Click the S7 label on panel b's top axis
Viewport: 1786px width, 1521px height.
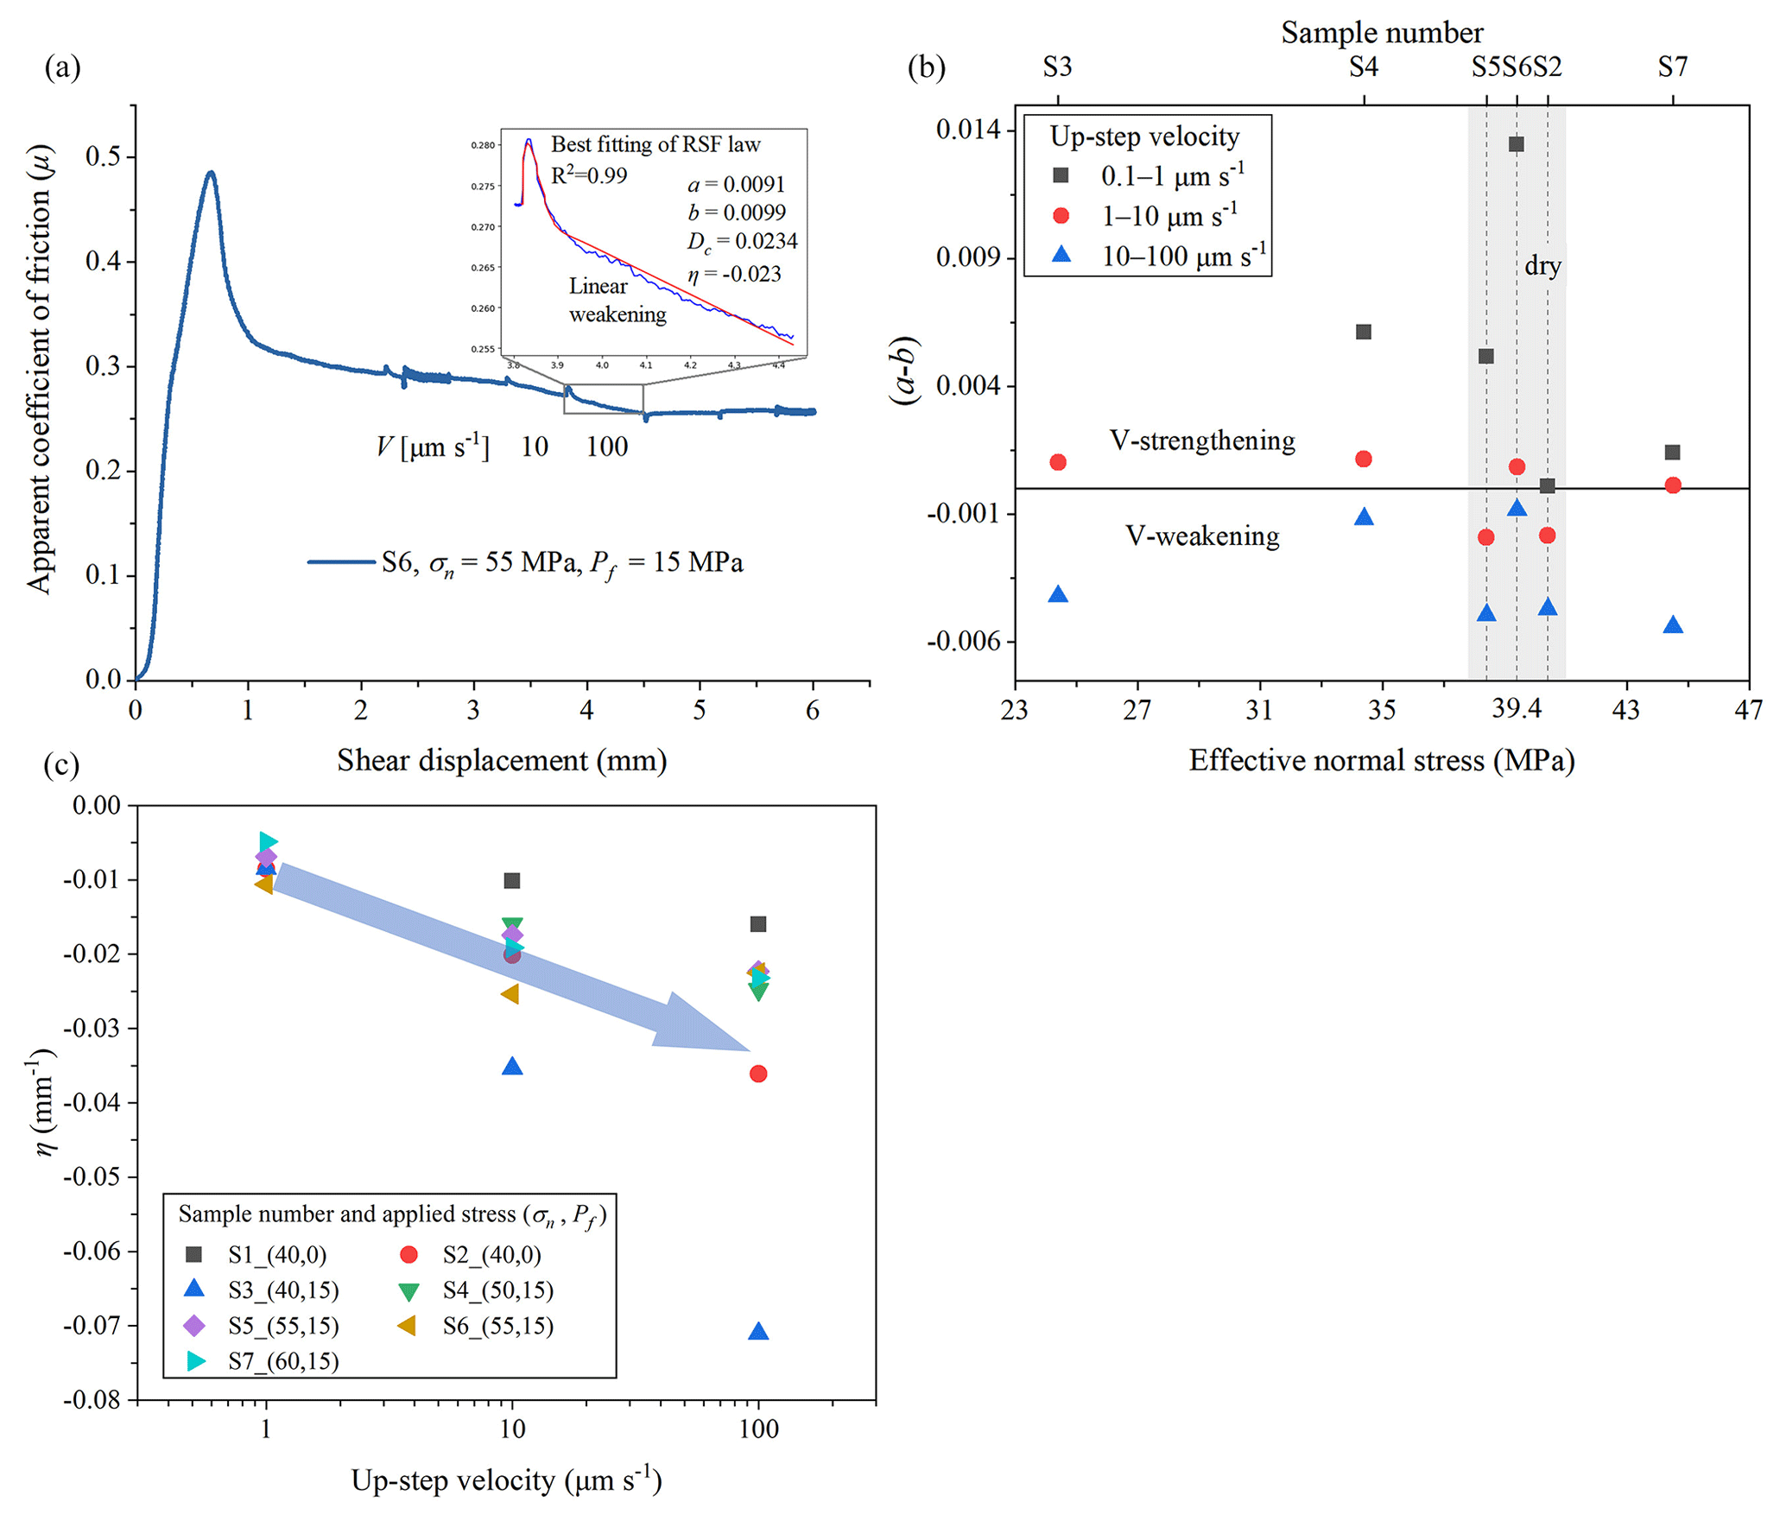[1672, 67]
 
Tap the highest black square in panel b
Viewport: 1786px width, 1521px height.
[1516, 144]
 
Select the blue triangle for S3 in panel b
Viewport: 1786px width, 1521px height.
[1058, 594]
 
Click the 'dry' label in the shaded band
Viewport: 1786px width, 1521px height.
[1542, 266]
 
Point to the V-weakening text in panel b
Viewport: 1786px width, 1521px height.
[1201, 536]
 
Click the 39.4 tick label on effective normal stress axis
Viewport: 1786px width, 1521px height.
[1516, 710]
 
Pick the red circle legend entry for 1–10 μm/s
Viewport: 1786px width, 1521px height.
[1061, 216]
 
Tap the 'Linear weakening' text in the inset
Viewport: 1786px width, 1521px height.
[617, 301]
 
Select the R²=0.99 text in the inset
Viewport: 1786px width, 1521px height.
[589, 175]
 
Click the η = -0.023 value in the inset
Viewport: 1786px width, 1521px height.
[734, 275]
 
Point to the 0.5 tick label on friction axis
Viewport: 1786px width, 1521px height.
[104, 157]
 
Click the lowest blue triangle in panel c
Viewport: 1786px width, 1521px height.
[758, 1332]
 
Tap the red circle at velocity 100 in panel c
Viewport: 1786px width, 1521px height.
[758, 1074]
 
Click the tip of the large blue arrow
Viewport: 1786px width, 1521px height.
[748, 1050]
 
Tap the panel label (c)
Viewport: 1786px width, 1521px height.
[61, 766]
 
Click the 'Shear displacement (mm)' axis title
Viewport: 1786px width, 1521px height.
[502, 761]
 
